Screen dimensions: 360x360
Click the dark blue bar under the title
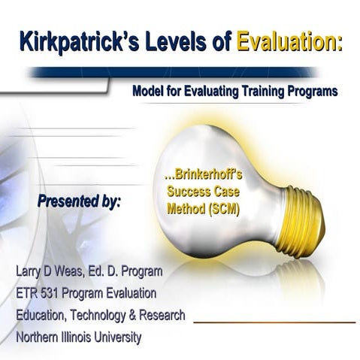(x=180, y=73)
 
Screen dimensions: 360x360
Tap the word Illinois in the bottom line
(x=84, y=338)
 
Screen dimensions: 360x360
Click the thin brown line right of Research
(x=274, y=322)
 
